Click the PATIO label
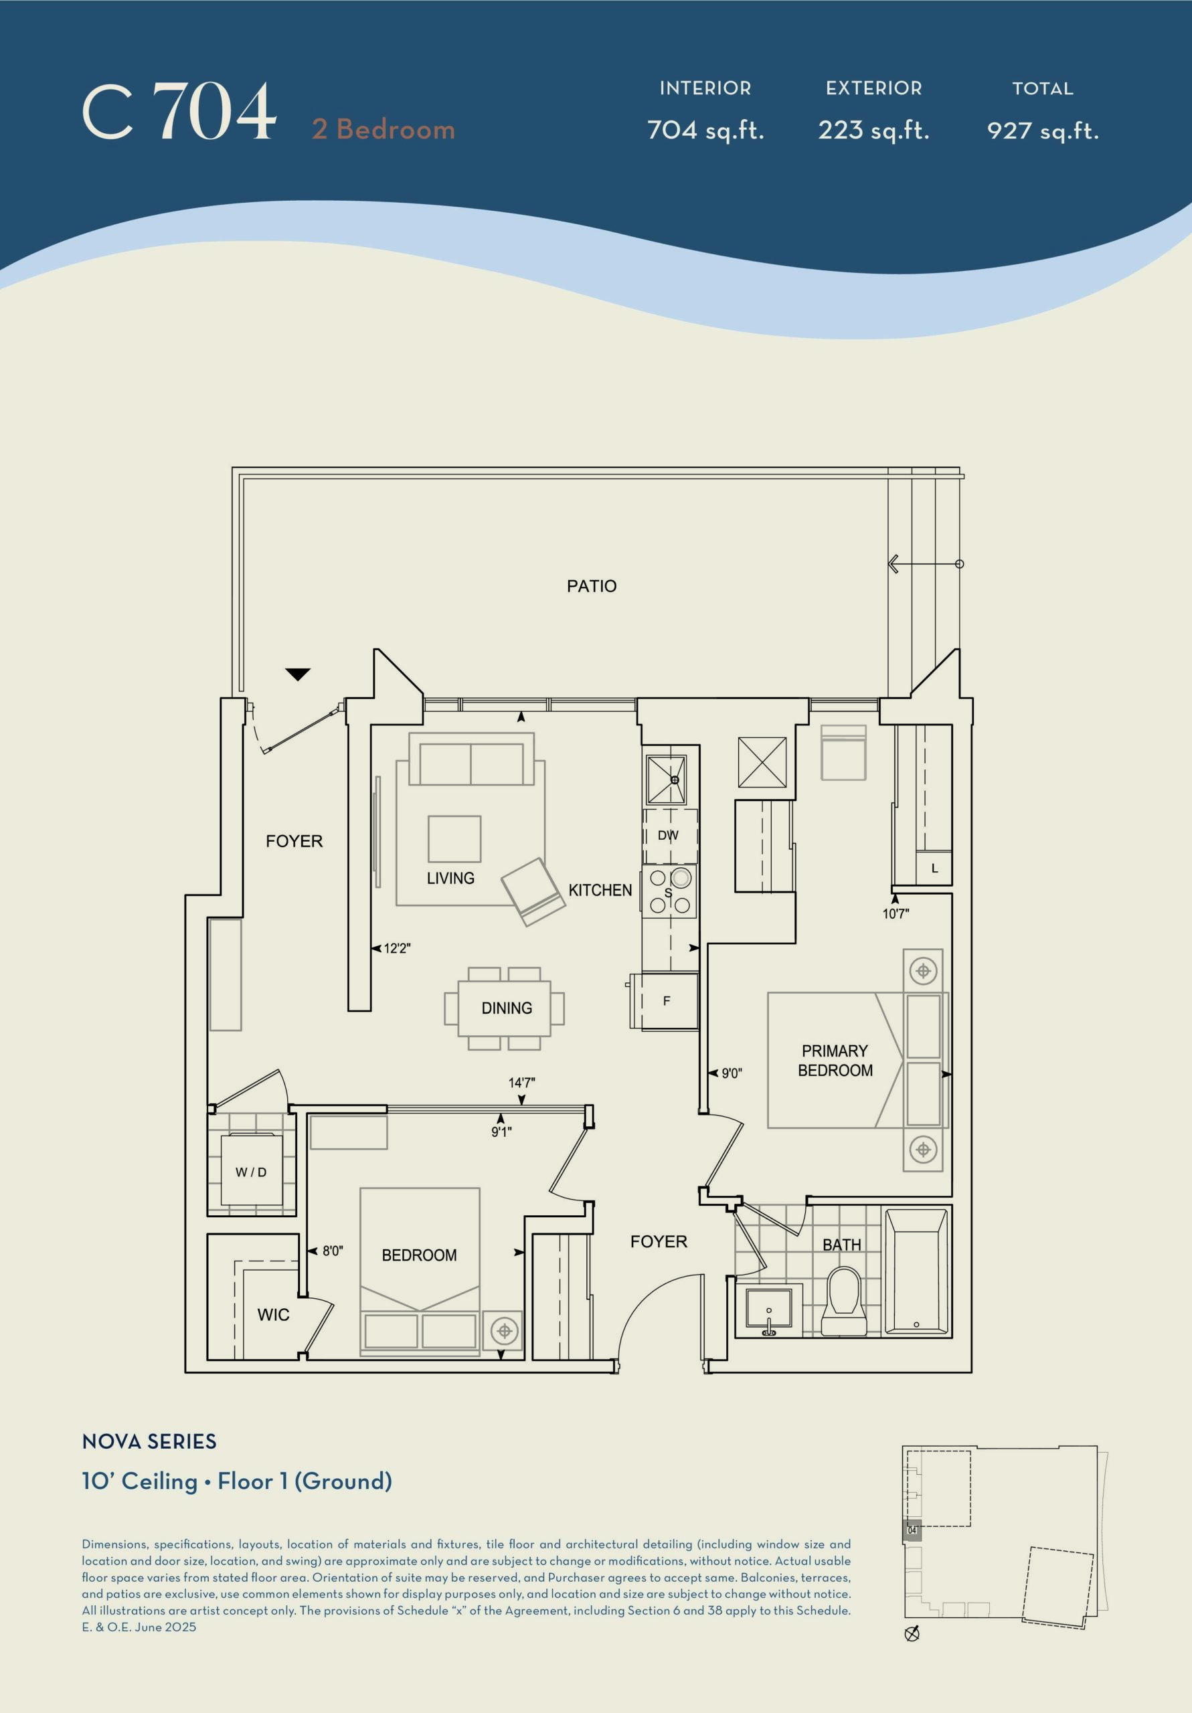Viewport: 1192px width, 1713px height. [x=591, y=585]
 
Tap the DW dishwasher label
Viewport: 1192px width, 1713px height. [x=668, y=836]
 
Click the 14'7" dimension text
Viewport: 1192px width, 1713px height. [x=522, y=1083]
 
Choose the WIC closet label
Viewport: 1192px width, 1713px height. [x=273, y=1315]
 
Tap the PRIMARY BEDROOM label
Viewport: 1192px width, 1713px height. [x=835, y=1060]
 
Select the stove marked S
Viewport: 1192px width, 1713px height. [x=669, y=891]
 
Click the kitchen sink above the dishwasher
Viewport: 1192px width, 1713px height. [x=666, y=780]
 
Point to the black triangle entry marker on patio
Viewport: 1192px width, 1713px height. [x=298, y=674]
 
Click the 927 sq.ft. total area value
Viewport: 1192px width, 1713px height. [x=1043, y=130]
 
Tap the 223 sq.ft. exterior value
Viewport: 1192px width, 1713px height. [x=873, y=130]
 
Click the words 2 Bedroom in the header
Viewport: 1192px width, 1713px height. [x=384, y=129]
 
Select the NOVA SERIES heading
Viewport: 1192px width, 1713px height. [x=149, y=1441]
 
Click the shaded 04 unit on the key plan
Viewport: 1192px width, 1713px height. [x=912, y=1530]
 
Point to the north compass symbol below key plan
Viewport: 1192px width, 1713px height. [x=912, y=1634]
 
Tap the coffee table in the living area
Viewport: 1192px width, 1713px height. [x=454, y=839]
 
